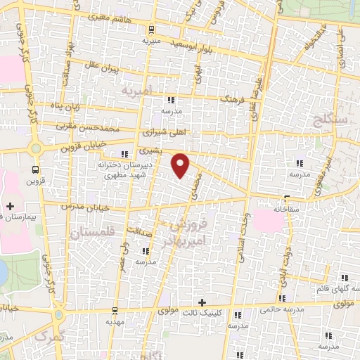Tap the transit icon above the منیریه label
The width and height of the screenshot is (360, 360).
[x=150, y=30]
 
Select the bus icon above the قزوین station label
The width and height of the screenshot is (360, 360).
[x=35, y=169]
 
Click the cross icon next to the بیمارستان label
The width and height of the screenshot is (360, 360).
[x=10, y=206]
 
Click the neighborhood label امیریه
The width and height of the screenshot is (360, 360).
[x=135, y=92]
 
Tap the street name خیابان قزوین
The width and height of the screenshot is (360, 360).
[x=83, y=148]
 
